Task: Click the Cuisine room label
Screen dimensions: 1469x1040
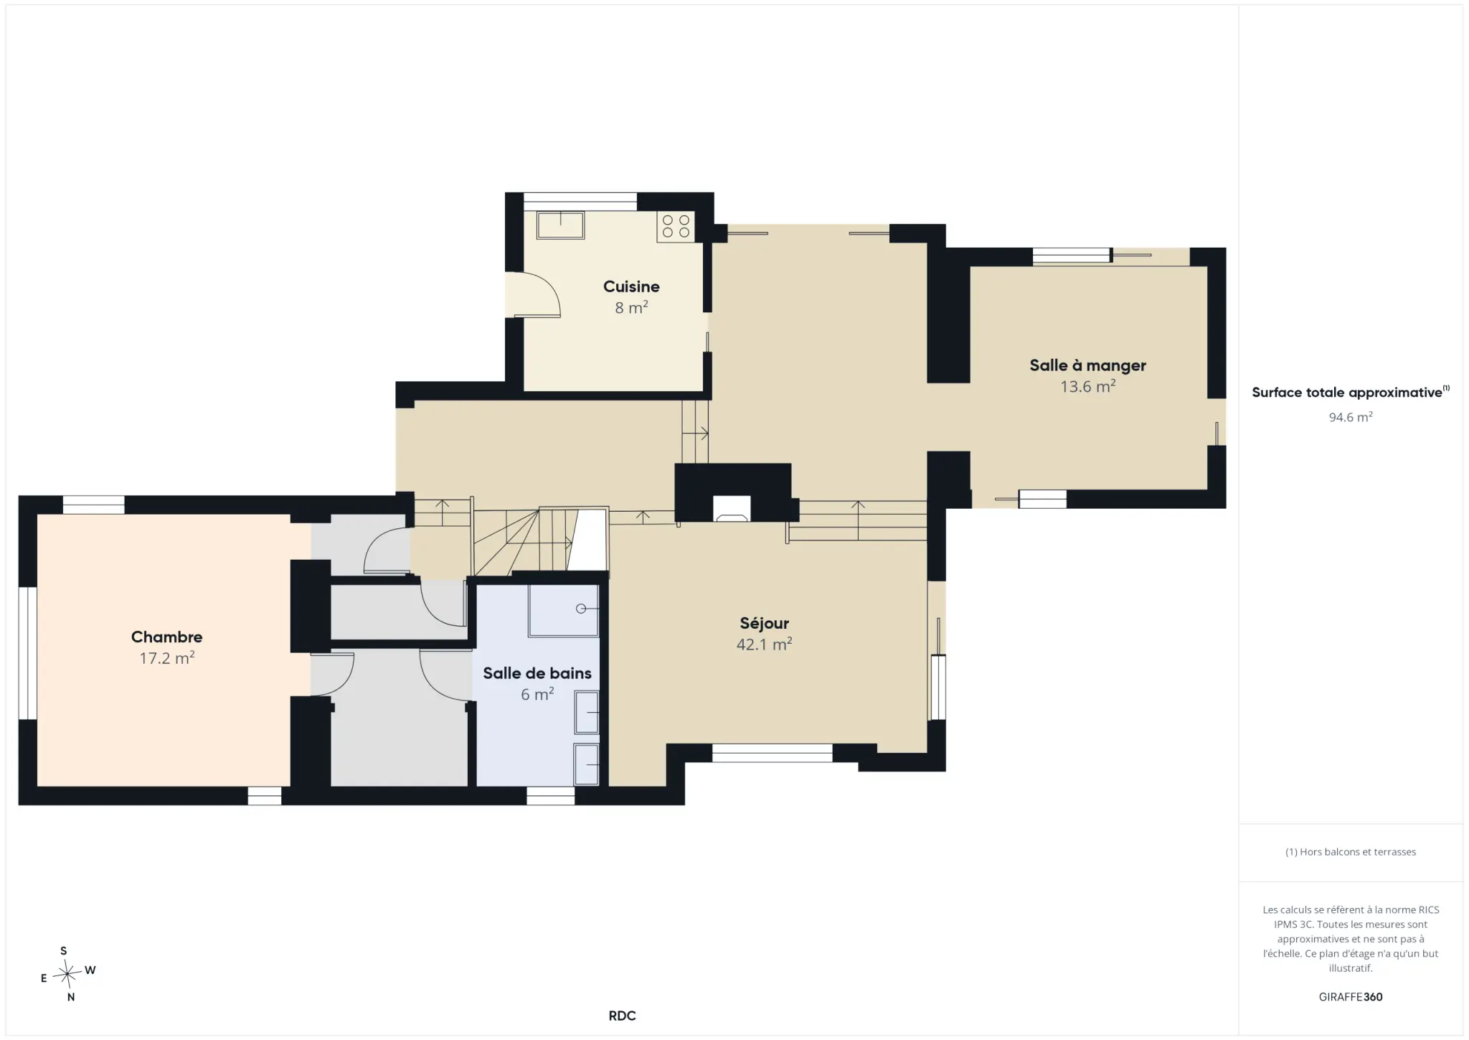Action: [631, 286]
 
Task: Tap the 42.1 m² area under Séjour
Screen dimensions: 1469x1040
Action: [764, 644]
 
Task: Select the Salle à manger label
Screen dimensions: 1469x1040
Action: [1087, 365]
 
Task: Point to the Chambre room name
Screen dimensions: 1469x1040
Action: [166, 637]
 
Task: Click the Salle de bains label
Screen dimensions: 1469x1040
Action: [537, 673]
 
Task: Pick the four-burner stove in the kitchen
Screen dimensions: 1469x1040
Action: [676, 226]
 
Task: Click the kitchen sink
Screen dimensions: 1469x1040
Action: [560, 225]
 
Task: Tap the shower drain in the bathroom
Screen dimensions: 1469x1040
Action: [581, 609]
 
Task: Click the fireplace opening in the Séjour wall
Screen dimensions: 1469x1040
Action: [732, 508]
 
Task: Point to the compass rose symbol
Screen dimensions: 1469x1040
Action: [67, 974]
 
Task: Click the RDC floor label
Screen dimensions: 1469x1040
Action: [622, 1016]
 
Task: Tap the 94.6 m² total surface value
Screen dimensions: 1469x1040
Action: [1351, 417]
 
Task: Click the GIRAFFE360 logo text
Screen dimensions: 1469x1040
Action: [1351, 997]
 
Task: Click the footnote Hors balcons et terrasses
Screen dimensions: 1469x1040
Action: [1351, 852]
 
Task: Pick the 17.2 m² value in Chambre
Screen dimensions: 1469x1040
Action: [167, 657]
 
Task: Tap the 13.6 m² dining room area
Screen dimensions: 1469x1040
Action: [1087, 386]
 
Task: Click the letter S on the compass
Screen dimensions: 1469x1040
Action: [64, 951]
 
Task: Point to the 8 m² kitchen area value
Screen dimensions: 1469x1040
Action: [631, 307]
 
